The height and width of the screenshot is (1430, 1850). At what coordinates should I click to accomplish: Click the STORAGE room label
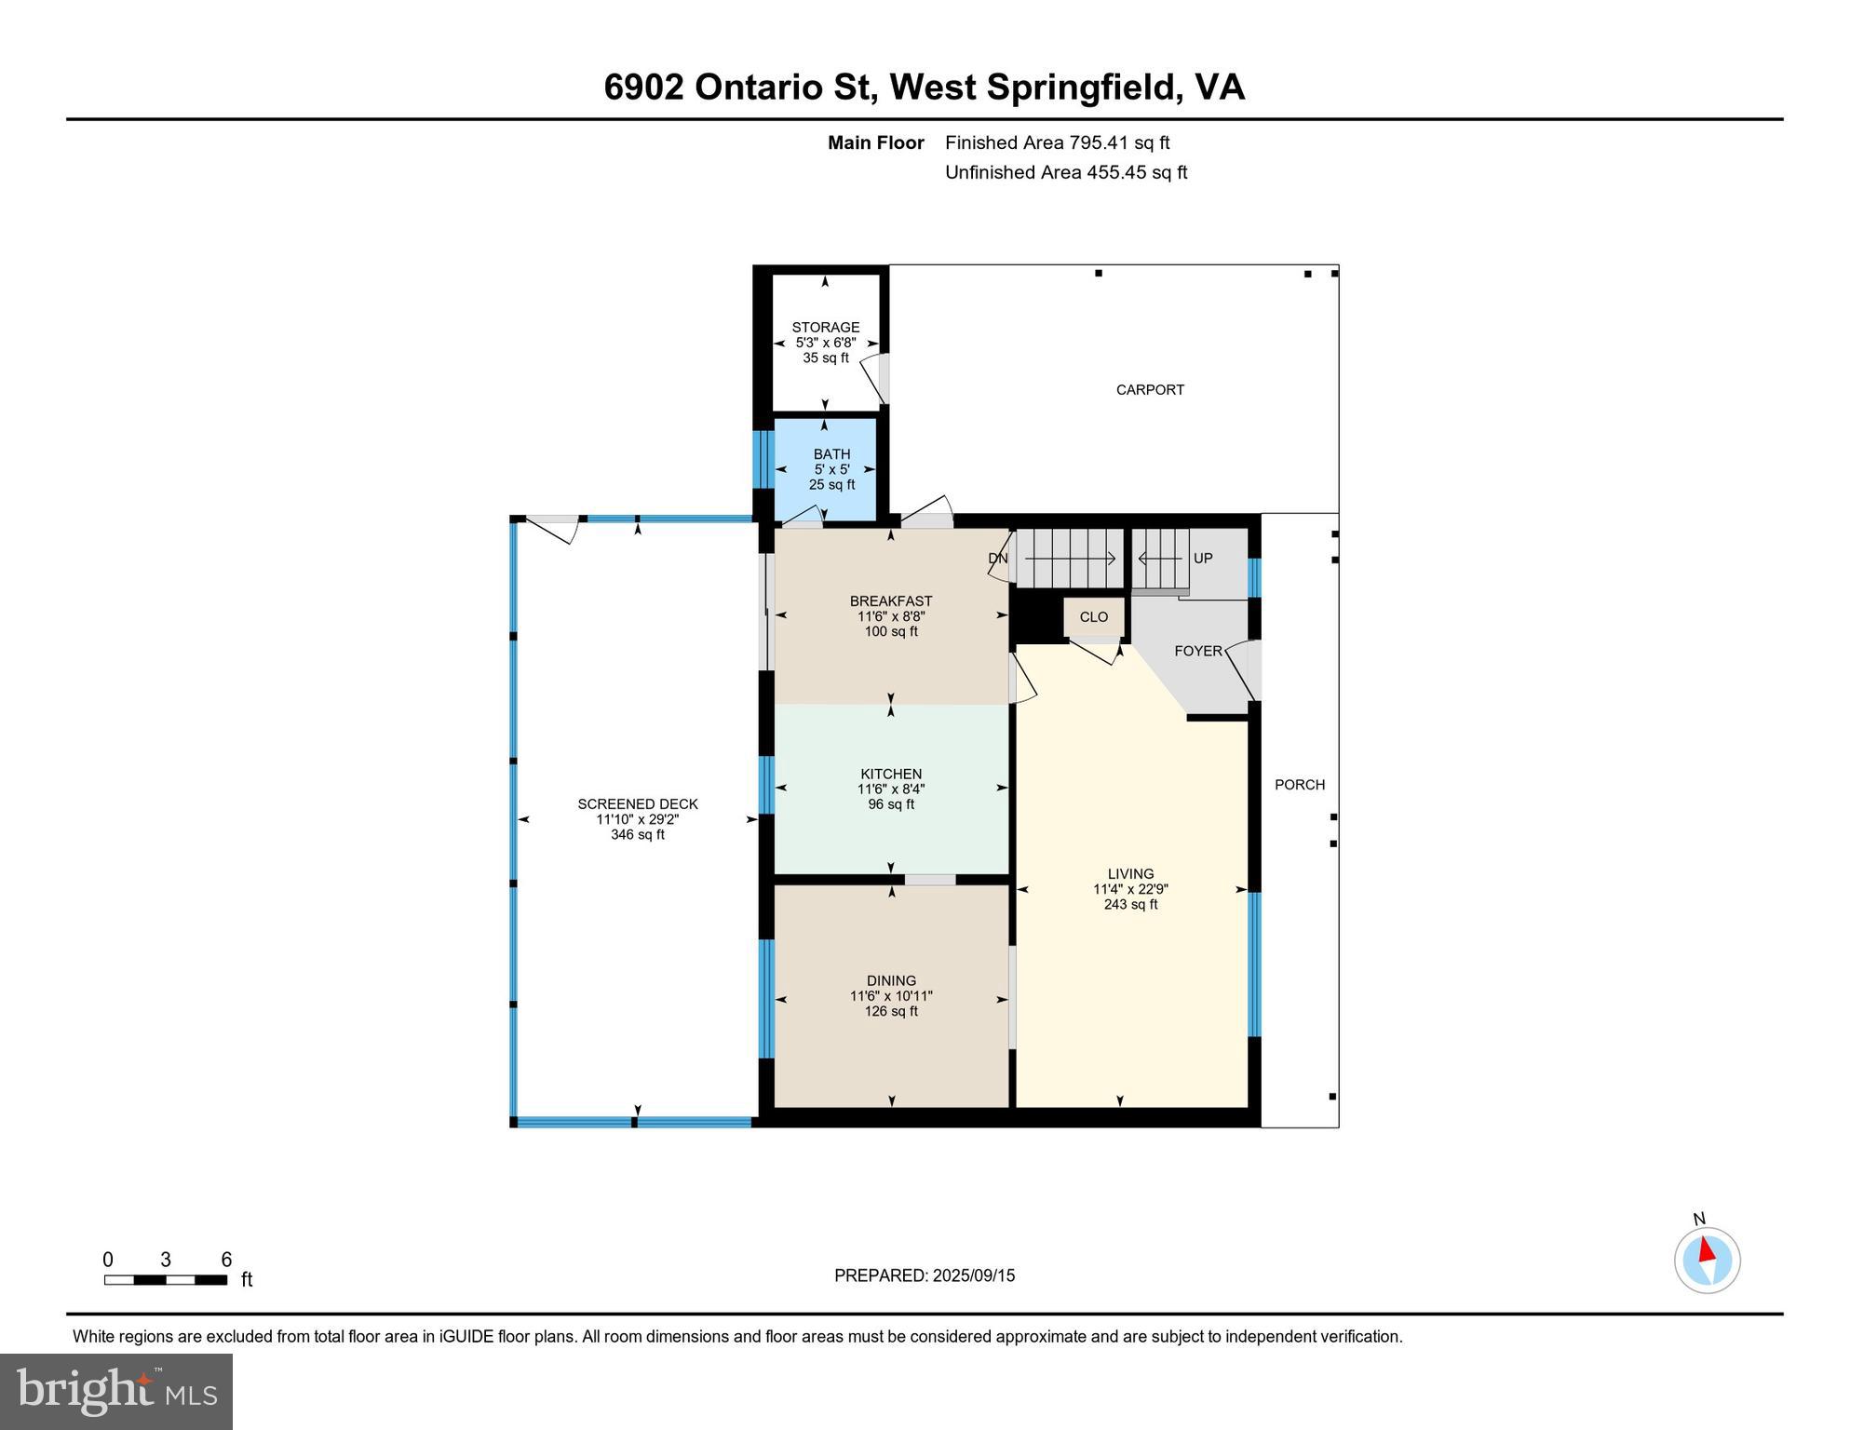[x=825, y=327]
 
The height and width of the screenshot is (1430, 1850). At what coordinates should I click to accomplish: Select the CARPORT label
[x=1150, y=390]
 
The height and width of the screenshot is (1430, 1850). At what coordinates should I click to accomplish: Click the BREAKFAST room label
[x=891, y=601]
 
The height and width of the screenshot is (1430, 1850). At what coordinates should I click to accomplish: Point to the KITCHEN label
[x=891, y=774]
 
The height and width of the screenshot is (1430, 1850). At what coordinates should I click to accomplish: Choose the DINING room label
[x=891, y=980]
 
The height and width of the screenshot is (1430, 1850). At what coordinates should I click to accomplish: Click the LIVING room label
[x=1130, y=873]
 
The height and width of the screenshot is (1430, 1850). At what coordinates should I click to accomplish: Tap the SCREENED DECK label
[x=637, y=804]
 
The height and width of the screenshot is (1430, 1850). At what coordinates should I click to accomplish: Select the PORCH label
[x=1299, y=785]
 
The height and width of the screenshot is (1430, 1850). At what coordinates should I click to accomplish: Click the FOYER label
[x=1197, y=651]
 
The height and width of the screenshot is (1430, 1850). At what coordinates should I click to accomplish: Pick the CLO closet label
[x=1094, y=616]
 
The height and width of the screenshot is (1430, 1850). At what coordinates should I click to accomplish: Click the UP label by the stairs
[x=1203, y=559]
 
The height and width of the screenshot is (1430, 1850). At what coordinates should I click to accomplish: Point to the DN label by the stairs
[x=997, y=559]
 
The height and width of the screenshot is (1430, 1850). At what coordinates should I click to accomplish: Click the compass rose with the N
[x=1707, y=1260]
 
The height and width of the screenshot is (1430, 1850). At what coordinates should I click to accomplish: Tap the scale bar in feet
[x=166, y=1279]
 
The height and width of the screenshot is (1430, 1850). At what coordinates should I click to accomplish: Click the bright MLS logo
[x=116, y=1391]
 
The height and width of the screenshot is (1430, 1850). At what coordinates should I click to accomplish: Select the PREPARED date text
[x=924, y=1275]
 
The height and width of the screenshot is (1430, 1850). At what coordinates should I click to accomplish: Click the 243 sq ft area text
[x=1130, y=904]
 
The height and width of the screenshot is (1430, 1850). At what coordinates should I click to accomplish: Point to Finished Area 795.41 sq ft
[x=1057, y=142]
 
